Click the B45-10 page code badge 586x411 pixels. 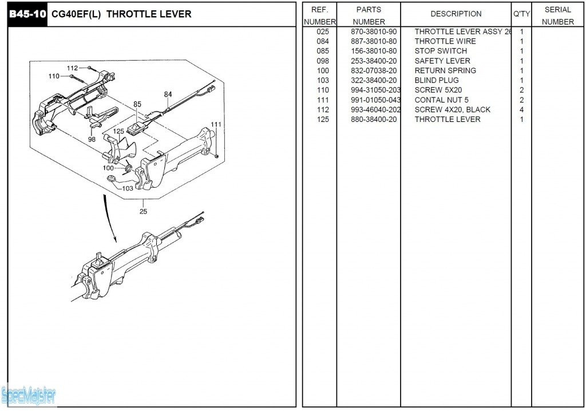tap(27, 14)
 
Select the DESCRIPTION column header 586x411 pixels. tap(456, 14)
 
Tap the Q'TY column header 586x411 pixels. tap(521, 14)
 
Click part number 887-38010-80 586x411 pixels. tap(373, 41)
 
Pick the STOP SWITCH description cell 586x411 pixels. tap(441, 51)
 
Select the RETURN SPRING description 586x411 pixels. tap(445, 70)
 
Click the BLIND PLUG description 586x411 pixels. tap(437, 80)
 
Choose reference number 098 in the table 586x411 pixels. tap(323, 61)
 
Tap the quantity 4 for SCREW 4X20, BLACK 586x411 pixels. tap(521, 109)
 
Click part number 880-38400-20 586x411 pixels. tap(373, 119)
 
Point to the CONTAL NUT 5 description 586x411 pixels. tap(441, 100)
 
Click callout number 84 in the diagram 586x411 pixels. tap(168, 94)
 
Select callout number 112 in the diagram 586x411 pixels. tap(72, 68)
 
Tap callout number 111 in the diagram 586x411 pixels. tap(216, 125)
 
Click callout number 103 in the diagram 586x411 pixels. tap(128, 188)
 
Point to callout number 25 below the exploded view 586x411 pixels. tap(143, 211)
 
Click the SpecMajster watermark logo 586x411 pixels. tap(29, 394)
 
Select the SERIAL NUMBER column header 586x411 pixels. tap(557, 15)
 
